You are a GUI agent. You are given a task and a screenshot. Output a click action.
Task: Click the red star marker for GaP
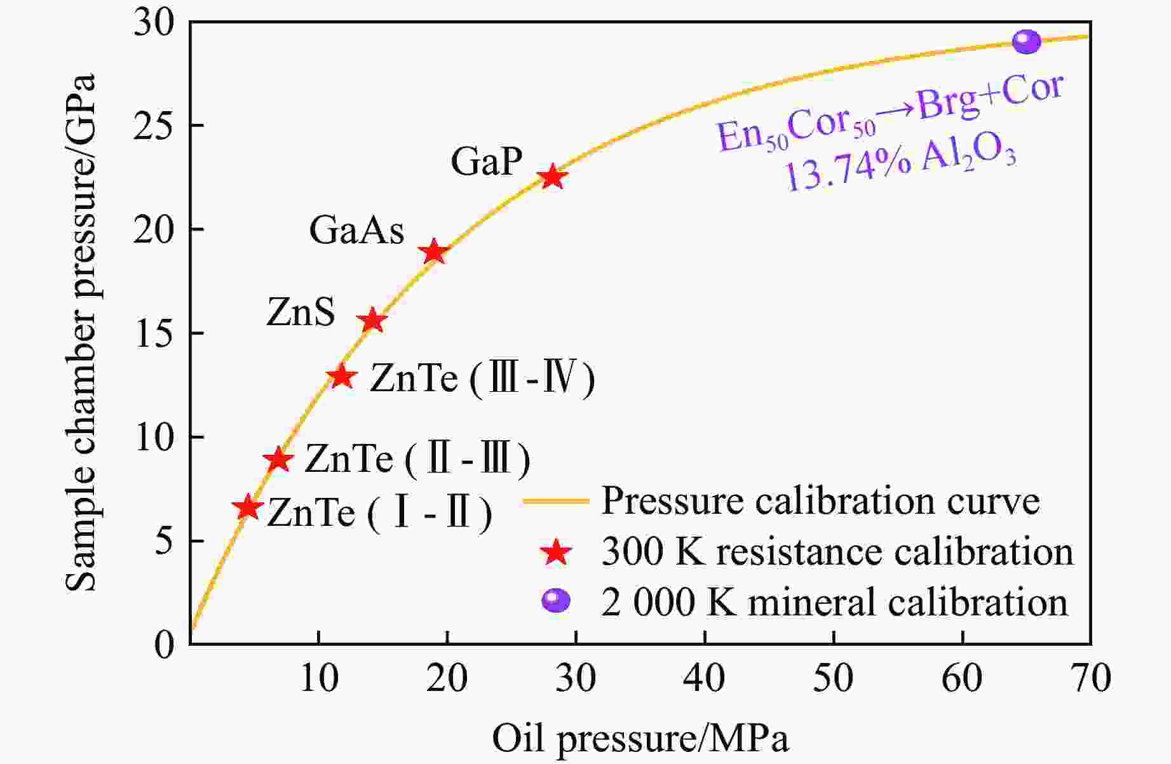(x=552, y=177)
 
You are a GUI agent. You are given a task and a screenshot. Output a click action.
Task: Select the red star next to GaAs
(x=434, y=252)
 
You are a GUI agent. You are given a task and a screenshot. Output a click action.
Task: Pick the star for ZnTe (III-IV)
(x=342, y=376)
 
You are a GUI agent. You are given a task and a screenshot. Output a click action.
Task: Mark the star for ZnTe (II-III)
(x=278, y=459)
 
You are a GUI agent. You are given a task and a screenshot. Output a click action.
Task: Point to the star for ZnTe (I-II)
(x=248, y=507)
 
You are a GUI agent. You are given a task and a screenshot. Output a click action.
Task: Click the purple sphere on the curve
(x=1026, y=42)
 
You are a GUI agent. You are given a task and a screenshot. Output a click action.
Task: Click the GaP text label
(x=487, y=161)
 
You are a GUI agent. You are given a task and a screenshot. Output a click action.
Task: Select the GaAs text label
(x=356, y=230)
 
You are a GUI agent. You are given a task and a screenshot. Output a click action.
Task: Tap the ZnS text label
(x=301, y=312)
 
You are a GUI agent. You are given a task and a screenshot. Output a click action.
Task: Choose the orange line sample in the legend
(x=556, y=501)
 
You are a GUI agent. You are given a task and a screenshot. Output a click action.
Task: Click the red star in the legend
(x=556, y=551)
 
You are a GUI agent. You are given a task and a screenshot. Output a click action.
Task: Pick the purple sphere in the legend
(x=555, y=600)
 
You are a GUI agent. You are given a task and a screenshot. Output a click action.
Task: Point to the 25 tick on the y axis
(x=154, y=126)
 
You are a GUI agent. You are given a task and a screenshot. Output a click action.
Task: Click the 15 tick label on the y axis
(x=154, y=333)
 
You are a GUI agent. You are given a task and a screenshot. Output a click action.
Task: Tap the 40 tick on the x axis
(x=705, y=678)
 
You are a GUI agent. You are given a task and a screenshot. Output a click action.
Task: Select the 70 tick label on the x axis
(x=1090, y=678)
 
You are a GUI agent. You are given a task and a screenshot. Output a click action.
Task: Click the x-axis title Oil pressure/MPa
(x=640, y=739)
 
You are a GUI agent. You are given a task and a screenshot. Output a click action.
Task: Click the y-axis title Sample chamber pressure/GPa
(x=81, y=333)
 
